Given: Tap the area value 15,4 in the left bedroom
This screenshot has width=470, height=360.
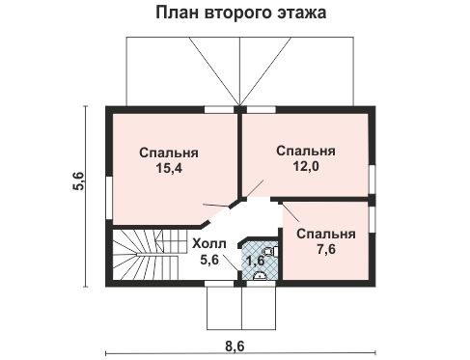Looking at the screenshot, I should [169, 169].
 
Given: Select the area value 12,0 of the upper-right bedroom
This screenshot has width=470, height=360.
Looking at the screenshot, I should [306, 166].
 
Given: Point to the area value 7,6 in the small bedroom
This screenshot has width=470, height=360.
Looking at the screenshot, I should [325, 250].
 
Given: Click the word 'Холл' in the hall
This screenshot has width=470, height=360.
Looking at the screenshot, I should [209, 243].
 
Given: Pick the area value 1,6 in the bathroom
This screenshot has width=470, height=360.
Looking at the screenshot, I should [255, 260].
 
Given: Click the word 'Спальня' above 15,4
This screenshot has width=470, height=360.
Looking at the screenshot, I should [169, 152].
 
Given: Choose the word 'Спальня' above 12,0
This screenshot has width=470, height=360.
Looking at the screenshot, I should [306, 151].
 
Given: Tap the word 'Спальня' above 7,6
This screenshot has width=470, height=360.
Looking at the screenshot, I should [325, 235].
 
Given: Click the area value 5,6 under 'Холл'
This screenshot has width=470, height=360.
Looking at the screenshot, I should [210, 260].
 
